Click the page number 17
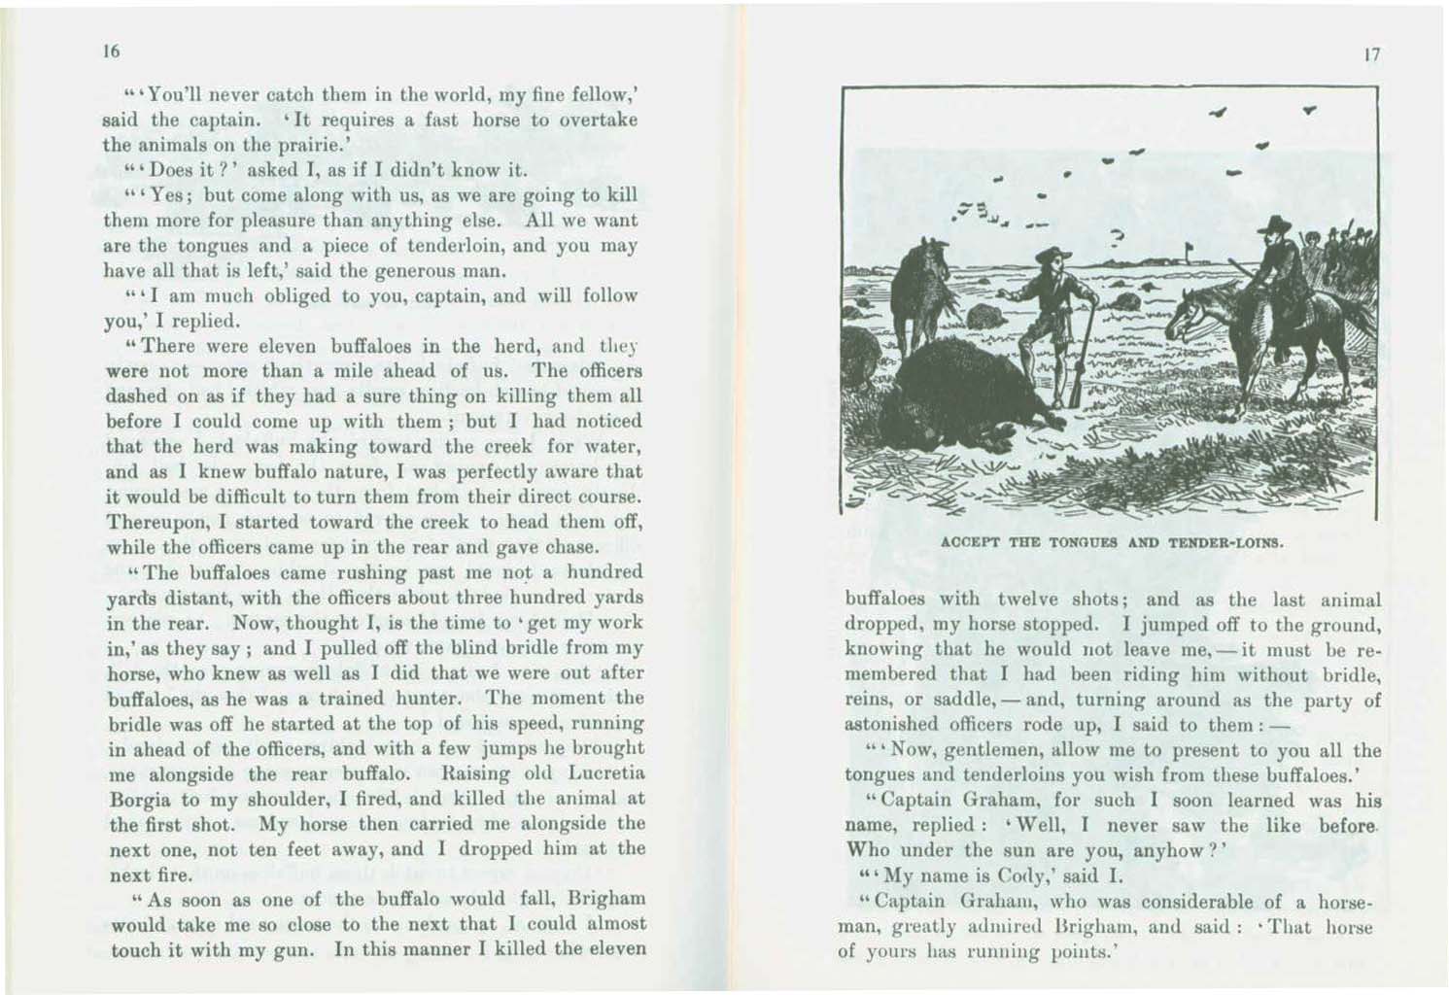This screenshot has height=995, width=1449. click(1372, 56)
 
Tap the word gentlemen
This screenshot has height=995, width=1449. click(981, 750)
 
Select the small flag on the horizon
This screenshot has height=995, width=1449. click(1190, 254)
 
